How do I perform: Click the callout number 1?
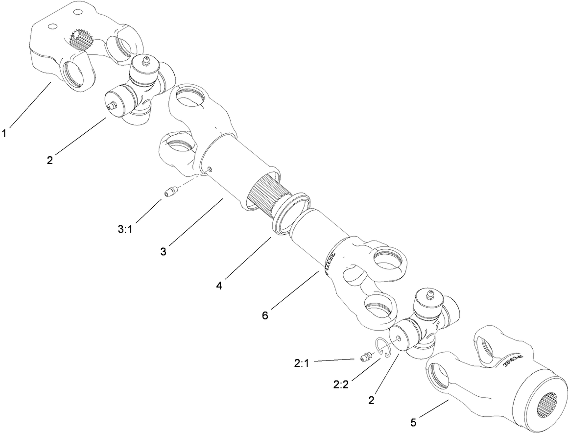click(x=4, y=133)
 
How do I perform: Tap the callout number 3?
click(x=163, y=252)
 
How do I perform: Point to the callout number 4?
click(x=219, y=285)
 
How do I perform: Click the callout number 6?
click(x=265, y=315)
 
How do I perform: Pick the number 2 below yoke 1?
click(x=49, y=160)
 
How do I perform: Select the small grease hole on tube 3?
click(x=210, y=169)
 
